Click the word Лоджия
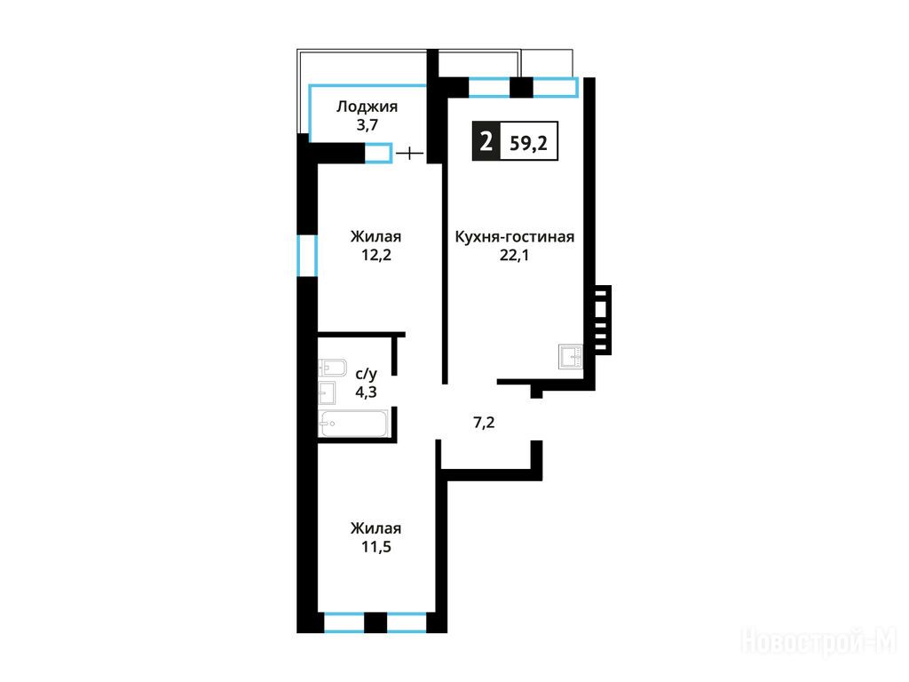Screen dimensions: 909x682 (x=367, y=107)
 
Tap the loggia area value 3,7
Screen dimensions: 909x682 (x=367, y=125)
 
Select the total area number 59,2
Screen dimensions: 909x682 (x=528, y=143)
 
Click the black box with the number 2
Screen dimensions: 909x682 (x=486, y=141)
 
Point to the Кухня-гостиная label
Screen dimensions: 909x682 (x=515, y=237)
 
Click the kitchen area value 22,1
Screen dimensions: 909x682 (x=515, y=255)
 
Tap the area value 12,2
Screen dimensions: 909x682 (x=376, y=255)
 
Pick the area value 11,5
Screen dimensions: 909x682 (x=376, y=547)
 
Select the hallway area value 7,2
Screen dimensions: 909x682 (x=484, y=423)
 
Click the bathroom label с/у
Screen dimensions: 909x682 (x=366, y=374)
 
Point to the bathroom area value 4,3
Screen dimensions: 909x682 (x=366, y=392)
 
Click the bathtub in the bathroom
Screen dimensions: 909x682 (x=353, y=424)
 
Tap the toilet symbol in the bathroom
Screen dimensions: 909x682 (x=332, y=368)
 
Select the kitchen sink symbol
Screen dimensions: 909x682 (x=571, y=357)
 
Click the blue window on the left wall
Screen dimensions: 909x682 (x=307, y=255)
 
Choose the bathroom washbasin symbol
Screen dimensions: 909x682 (x=327, y=393)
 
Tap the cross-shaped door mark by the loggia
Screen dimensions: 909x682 (x=410, y=154)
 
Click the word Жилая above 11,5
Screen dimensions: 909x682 (x=375, y=528)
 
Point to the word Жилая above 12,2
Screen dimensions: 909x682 (x=375, y=236)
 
